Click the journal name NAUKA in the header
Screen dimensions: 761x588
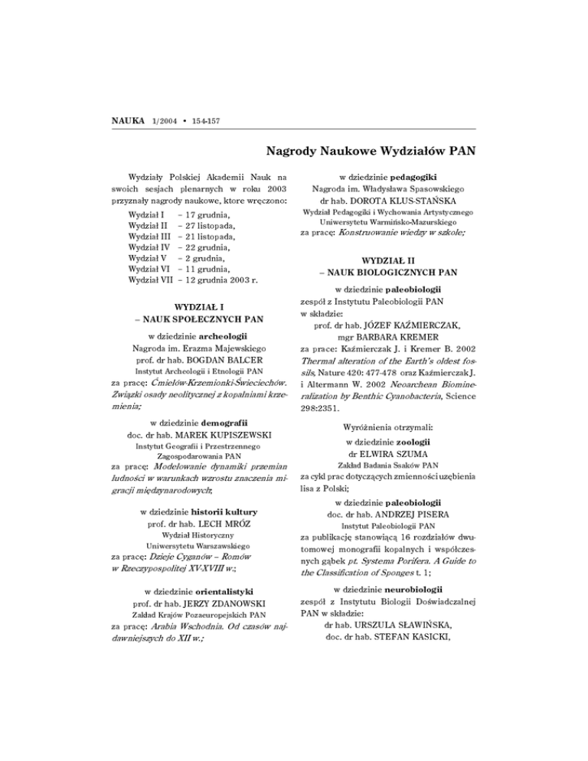tap(126, 122)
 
